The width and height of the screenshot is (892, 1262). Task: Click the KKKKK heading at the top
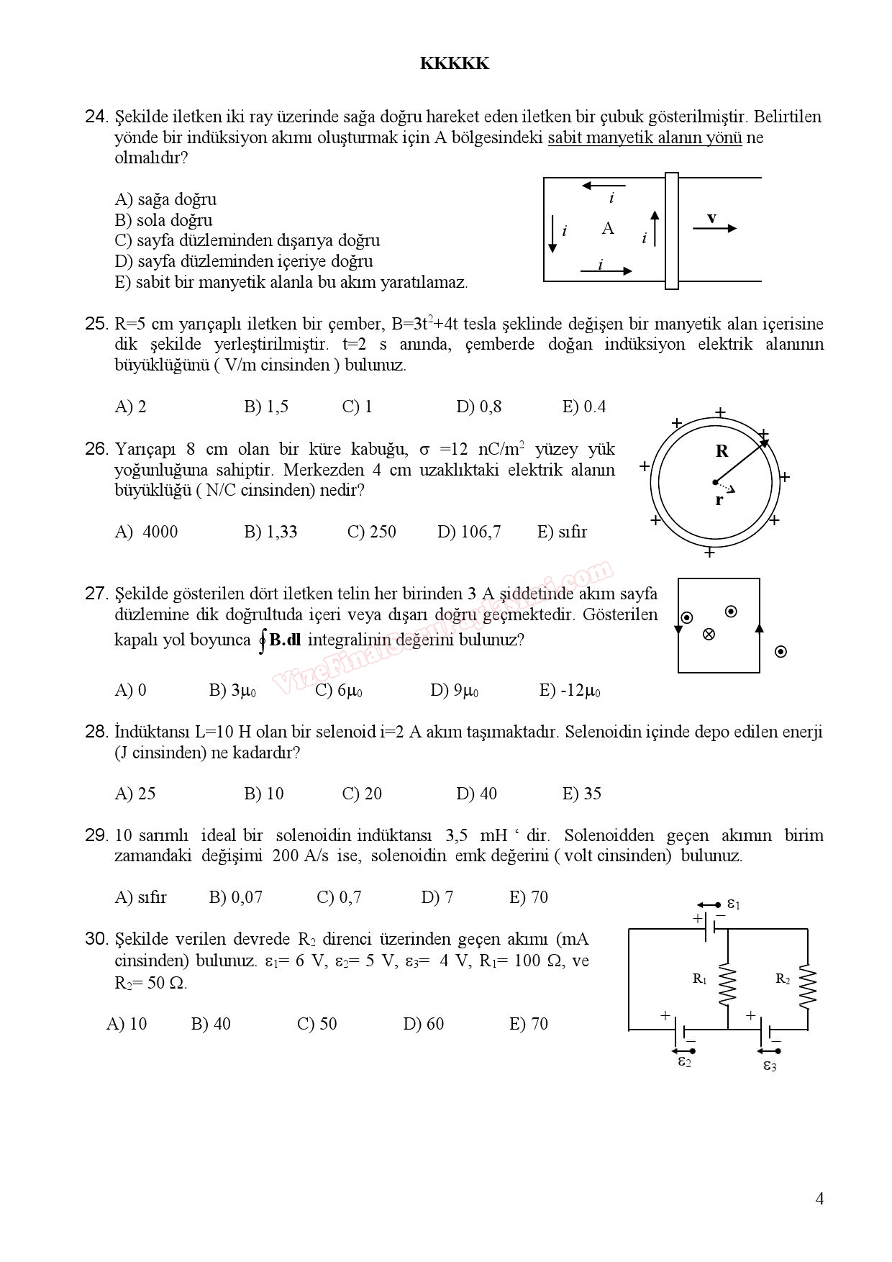454,64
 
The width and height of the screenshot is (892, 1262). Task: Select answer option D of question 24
243,261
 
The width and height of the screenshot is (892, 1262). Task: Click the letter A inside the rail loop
608,228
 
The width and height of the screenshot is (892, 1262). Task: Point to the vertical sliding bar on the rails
672,231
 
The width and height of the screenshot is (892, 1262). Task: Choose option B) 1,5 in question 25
266,407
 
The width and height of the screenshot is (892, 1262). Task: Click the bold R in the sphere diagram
722,451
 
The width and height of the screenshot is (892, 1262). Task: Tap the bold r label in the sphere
719,500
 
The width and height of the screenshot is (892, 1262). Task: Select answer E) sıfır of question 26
562,532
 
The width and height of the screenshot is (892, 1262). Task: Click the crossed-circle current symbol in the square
709,634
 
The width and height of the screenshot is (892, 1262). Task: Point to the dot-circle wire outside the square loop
780,652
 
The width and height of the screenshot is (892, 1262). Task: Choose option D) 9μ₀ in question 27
454,691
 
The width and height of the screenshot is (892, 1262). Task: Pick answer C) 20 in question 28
362,794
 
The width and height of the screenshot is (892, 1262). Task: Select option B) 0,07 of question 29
236,897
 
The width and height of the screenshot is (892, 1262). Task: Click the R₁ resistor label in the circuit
700,979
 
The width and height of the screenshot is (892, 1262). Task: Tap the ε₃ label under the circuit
770,1066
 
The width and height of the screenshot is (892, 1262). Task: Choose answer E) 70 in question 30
529,1024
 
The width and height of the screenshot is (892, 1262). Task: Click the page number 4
819,1199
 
